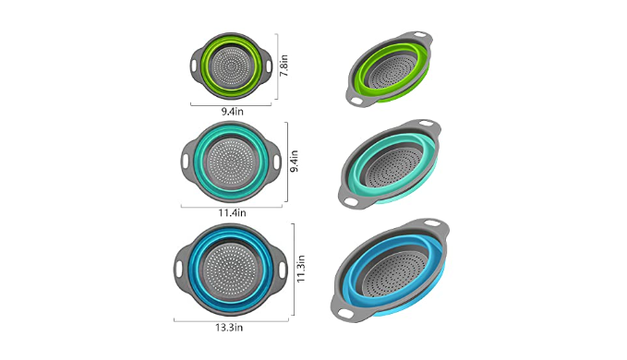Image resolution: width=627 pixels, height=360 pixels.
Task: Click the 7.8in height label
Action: (283, 66)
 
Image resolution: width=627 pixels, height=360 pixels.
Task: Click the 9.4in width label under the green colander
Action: (233, 112)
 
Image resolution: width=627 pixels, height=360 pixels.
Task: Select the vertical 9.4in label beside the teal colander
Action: (295, 161)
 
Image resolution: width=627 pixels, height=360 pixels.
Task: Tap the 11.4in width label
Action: (232, 213)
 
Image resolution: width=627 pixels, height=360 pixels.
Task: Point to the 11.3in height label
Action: (301, 269)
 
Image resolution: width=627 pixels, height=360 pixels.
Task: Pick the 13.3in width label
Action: (229, 328)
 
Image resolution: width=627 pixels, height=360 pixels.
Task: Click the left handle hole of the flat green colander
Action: (194, 65)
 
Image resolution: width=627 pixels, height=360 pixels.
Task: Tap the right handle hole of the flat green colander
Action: (269, 66)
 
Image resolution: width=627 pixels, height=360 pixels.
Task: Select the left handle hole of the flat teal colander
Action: (185, 161)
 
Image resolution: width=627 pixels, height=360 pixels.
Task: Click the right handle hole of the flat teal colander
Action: (277, 162)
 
